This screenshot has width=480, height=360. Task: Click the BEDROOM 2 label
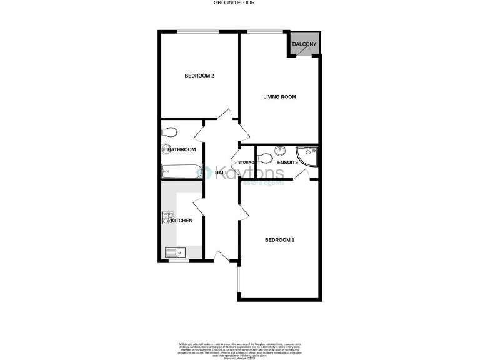199,76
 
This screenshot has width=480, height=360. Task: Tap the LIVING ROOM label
279,97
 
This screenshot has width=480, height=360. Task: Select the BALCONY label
304,44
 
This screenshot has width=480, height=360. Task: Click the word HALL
221,172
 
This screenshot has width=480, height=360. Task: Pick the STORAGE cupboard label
246,162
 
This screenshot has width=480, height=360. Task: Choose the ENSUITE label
288,162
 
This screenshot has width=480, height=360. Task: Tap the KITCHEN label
182,221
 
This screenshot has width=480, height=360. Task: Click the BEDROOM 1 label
279,240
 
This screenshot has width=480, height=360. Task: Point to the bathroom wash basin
166,149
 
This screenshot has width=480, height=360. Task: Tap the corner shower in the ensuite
308,156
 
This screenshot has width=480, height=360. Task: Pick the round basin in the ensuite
279,150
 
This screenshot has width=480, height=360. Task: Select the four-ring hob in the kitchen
167,219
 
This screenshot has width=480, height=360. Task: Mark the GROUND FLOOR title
234,3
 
